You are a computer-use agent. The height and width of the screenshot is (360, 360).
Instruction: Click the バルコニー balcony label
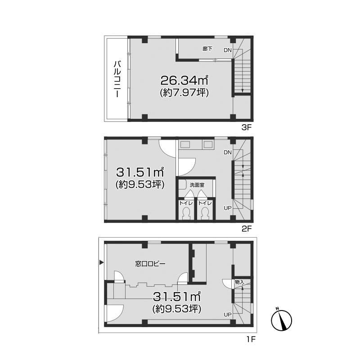[x=117, y=79]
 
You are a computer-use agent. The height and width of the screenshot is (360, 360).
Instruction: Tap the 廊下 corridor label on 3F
[x=207, y=49]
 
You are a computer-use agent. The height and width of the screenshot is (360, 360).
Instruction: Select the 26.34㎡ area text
[x=184, y=80]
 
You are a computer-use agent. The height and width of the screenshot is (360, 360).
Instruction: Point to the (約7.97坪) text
[x=184, y=93]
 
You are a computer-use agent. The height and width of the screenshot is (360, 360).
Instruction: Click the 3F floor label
[x=247, y=127]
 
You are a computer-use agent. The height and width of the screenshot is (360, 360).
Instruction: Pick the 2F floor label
[x=247, y=229]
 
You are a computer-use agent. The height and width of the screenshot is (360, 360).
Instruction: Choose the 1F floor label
[x=251, y=339]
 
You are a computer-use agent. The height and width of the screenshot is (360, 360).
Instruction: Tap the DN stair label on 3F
[x=228, y=50]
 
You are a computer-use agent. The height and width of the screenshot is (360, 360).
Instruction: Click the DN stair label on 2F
[x=228, y=153]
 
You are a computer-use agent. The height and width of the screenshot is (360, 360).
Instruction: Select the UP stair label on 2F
[x=228, y=208]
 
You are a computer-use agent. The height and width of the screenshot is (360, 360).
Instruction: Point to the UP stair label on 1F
[x=228, y=315]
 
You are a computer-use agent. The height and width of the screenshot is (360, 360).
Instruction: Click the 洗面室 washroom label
[x=197, y=185]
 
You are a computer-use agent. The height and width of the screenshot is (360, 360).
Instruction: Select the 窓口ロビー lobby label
[x=150, y=264]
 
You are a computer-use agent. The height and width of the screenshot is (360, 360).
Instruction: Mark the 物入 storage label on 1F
[x=239, y=282]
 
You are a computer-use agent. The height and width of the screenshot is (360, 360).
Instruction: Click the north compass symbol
[x=282, y=319]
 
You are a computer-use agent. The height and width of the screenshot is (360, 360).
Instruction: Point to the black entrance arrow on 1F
[x=101, y=262]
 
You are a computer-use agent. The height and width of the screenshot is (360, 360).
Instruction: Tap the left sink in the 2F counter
[x=185, y=144]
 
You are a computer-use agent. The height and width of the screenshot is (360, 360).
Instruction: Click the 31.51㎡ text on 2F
[x=140, y=172]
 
